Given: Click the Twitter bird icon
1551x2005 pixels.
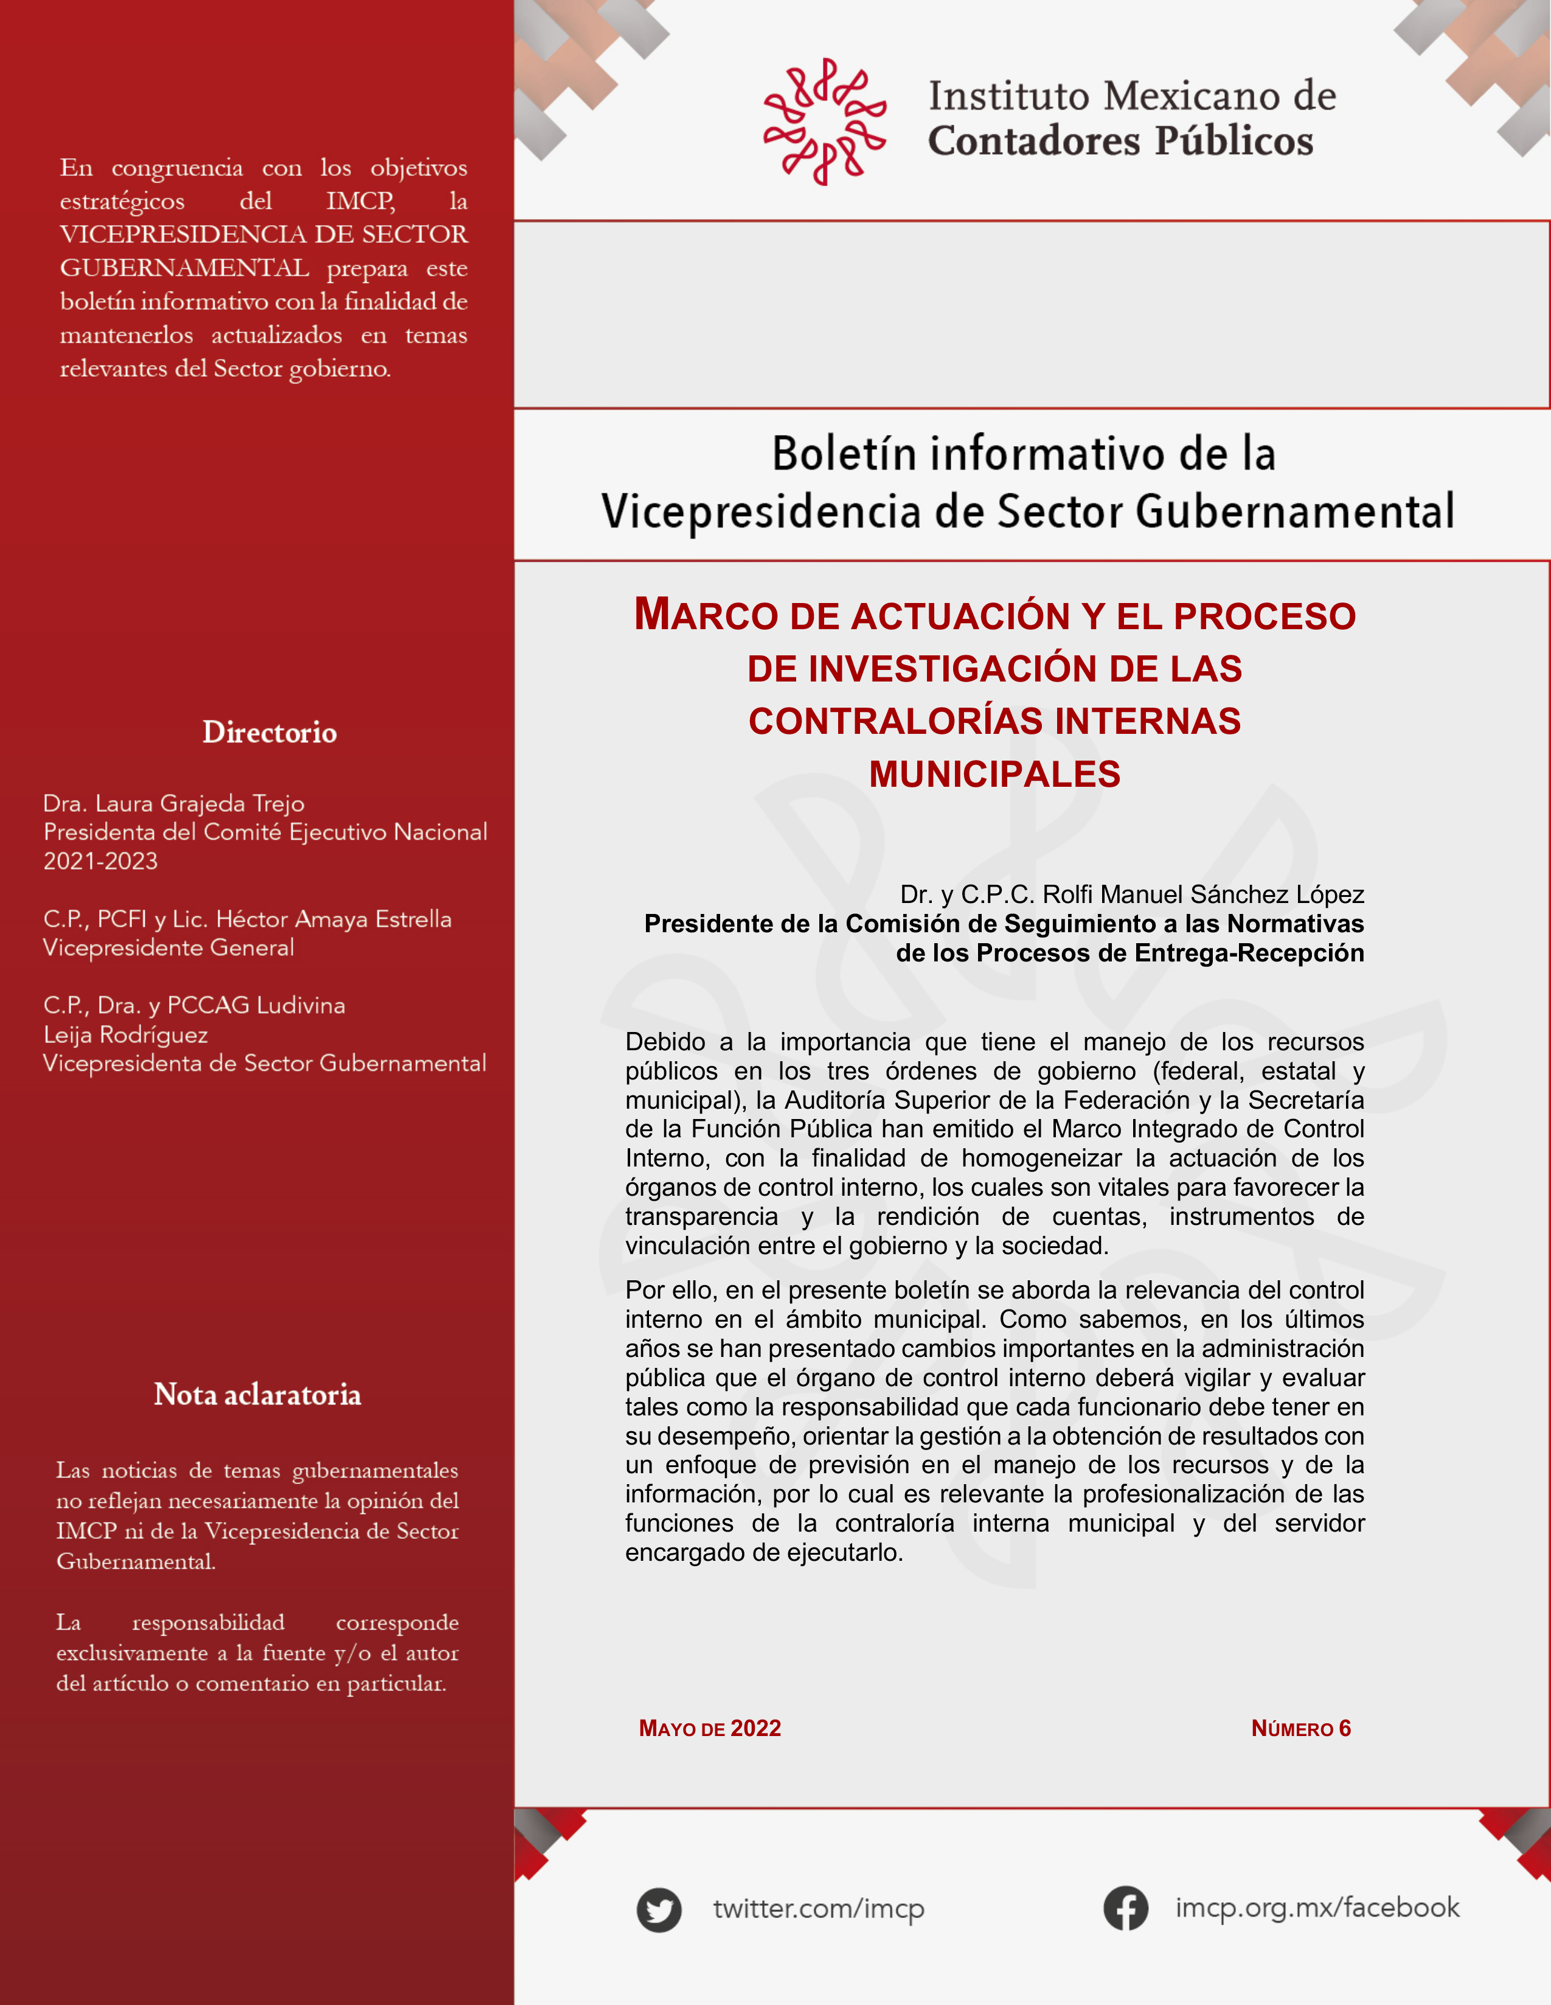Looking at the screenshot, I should click(658, 1909).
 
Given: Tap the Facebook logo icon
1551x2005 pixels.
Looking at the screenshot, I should click(1125, 1908).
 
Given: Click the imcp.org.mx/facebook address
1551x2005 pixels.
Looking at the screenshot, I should click(1316, 1908).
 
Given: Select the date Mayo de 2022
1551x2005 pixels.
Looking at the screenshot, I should click(709, 1729).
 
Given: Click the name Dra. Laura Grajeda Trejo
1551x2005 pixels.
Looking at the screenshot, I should click(173, 803).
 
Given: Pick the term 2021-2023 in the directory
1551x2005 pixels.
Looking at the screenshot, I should click(100, 861).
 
